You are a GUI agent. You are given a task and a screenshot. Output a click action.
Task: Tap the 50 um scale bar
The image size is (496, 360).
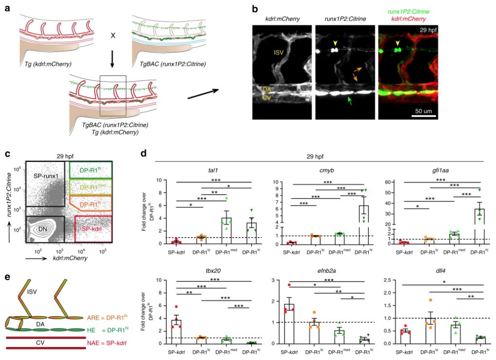click(x=424, y=116)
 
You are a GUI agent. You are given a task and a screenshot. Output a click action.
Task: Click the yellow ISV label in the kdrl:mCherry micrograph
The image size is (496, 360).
click(x=278, y=53)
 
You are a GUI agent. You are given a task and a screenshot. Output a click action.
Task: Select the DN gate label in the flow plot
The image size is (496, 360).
click(x=42, y=229)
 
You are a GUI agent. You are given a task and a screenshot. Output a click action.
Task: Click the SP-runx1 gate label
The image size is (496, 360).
click(x=46, y=175)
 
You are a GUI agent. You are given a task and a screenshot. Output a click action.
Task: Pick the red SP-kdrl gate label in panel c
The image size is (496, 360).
click(x=92, y=229)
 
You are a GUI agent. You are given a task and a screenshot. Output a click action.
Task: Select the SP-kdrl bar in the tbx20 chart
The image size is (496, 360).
click(x=176, y=332)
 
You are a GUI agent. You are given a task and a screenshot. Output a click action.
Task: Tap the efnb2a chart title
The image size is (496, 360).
click(x=326, y=271)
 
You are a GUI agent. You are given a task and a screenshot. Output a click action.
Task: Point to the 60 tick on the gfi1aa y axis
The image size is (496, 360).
click(x=388, y=182)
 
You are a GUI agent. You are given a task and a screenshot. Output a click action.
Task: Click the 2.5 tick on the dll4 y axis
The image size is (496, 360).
click(x=387, y=280)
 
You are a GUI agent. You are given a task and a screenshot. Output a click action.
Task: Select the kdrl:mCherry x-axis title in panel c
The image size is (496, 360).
click(x=70, y=258)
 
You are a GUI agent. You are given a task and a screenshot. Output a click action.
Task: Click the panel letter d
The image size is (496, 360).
click(x=143, y=154)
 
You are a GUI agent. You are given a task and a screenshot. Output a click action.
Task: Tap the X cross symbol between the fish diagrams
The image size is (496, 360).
click(x=113, y=36)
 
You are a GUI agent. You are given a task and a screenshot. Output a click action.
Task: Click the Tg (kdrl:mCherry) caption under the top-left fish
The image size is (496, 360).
click(x=48, y=64)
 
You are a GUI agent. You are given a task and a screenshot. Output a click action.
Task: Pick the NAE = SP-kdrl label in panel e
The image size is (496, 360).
click(x=106, y=342)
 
